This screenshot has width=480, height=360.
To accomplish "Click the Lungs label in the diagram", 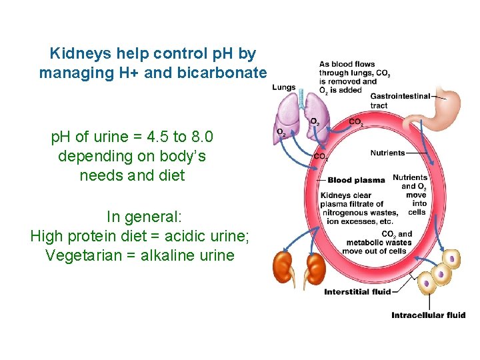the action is tap(284, 87).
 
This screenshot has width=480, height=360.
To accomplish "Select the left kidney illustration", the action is tap(283, 267).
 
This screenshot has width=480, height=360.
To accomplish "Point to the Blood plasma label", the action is tap(356, 180).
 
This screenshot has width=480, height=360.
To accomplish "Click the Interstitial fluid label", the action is tap(357, 291).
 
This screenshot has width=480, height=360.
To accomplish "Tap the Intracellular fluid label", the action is tap(428, 315).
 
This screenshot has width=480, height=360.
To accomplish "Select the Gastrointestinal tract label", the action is tap(399, 101).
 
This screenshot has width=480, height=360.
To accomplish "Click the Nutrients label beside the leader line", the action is tap(387, 153).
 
